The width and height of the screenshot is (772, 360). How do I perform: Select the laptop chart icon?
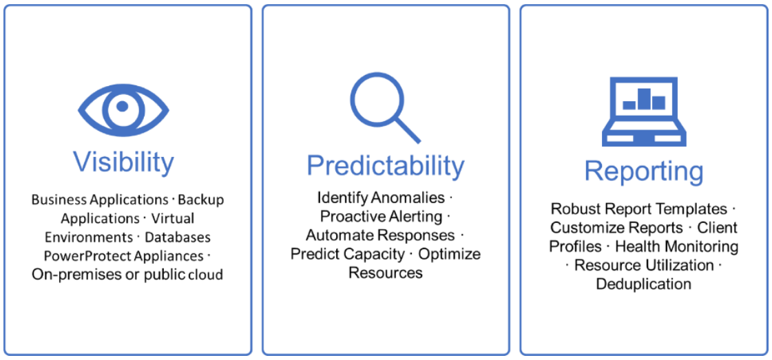pos(644,112)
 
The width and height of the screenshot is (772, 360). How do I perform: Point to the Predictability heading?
pos(386,166)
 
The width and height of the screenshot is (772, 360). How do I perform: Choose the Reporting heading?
pos(644,171)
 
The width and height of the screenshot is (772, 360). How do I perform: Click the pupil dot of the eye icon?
pos(123,106)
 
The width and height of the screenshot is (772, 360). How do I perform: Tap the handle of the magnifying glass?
pos(407,130)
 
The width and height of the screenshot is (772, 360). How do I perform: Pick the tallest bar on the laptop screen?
pos(644,99)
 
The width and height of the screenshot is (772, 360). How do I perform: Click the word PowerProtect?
pos(74,256)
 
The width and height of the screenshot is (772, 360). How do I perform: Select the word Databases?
pos(178,237)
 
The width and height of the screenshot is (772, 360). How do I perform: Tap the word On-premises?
pos(69,275)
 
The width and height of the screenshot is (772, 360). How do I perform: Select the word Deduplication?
pos(643,284)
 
